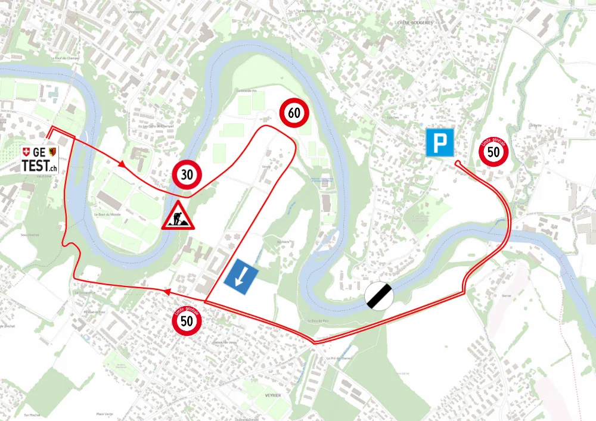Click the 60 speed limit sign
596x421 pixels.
pyautogui.click(x=294, y=113)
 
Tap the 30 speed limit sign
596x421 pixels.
pyautogui.click(x=187, y=175)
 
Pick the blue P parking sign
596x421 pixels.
pyautogui.click(x=440, y=143)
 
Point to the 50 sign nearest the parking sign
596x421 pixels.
pyautogui.click(x=493, y=151)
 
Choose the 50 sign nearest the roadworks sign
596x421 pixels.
pyautogui.click(x=187, y=321)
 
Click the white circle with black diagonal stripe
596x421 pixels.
pyautogui.click(x=380, y=295)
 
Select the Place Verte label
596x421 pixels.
pyautogui.click(x=104, y=414)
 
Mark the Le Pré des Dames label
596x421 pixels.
pyautogui.click(x=340, y=358)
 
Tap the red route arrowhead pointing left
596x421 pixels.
pyautogui.click(x=167, y=292)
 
